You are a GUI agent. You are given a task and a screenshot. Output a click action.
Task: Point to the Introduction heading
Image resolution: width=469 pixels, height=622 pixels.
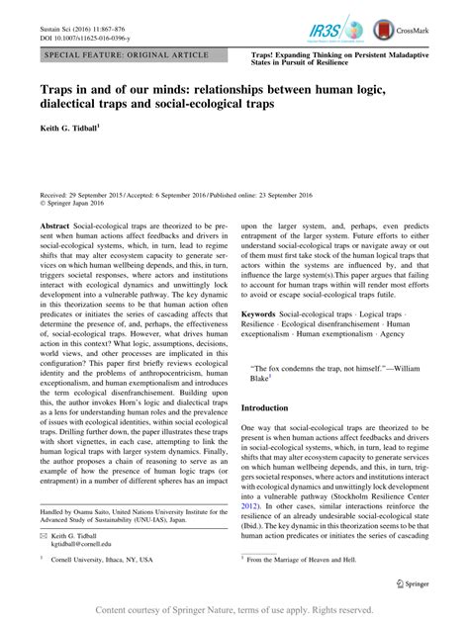tap(283, 406)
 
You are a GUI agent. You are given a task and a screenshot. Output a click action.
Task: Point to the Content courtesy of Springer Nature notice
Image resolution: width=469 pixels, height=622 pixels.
tap(234, 610)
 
